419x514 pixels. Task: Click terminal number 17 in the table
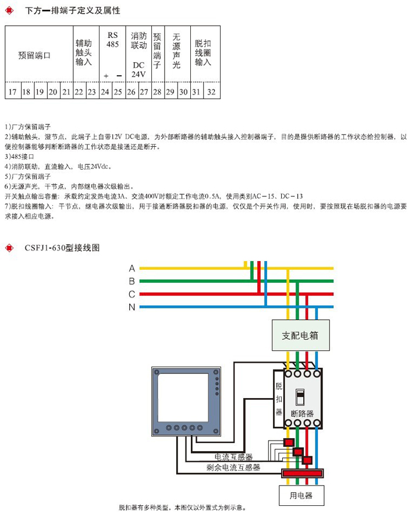[x=12, y=92]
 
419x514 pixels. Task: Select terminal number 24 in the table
[x=105, y=92]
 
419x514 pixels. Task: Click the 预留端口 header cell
[x=35, y=55]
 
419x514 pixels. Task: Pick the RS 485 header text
[x=112, y=40]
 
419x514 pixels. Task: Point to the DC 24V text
[x=138, y=69]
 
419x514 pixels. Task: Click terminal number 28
[x=157, y=92]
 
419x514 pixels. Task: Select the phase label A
[x=132, y=269]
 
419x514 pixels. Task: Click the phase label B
[x=132, y=281]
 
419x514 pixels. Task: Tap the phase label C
[x=132, y=294]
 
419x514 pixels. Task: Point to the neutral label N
[x=132, y=307]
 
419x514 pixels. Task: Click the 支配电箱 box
[x=300, y=336]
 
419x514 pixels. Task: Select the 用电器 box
[x=301, y=495]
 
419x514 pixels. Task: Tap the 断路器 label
[x=302, y=413]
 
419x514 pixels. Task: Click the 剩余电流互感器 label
[x=233, y=467]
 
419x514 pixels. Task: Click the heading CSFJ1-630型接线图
[x=62, y=248]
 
